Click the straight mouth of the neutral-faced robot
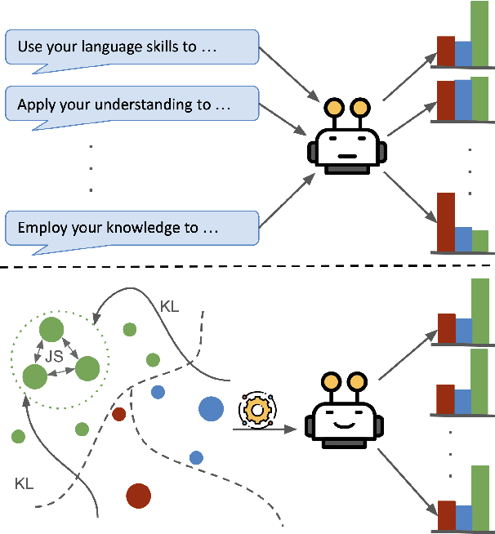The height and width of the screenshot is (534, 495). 346,155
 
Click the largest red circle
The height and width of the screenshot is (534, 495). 139,495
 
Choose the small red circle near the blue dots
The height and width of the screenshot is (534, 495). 119,414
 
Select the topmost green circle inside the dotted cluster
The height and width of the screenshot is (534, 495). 51,330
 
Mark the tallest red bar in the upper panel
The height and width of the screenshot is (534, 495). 445,221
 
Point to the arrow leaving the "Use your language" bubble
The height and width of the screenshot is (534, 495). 290,73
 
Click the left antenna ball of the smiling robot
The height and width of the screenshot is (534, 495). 332,380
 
